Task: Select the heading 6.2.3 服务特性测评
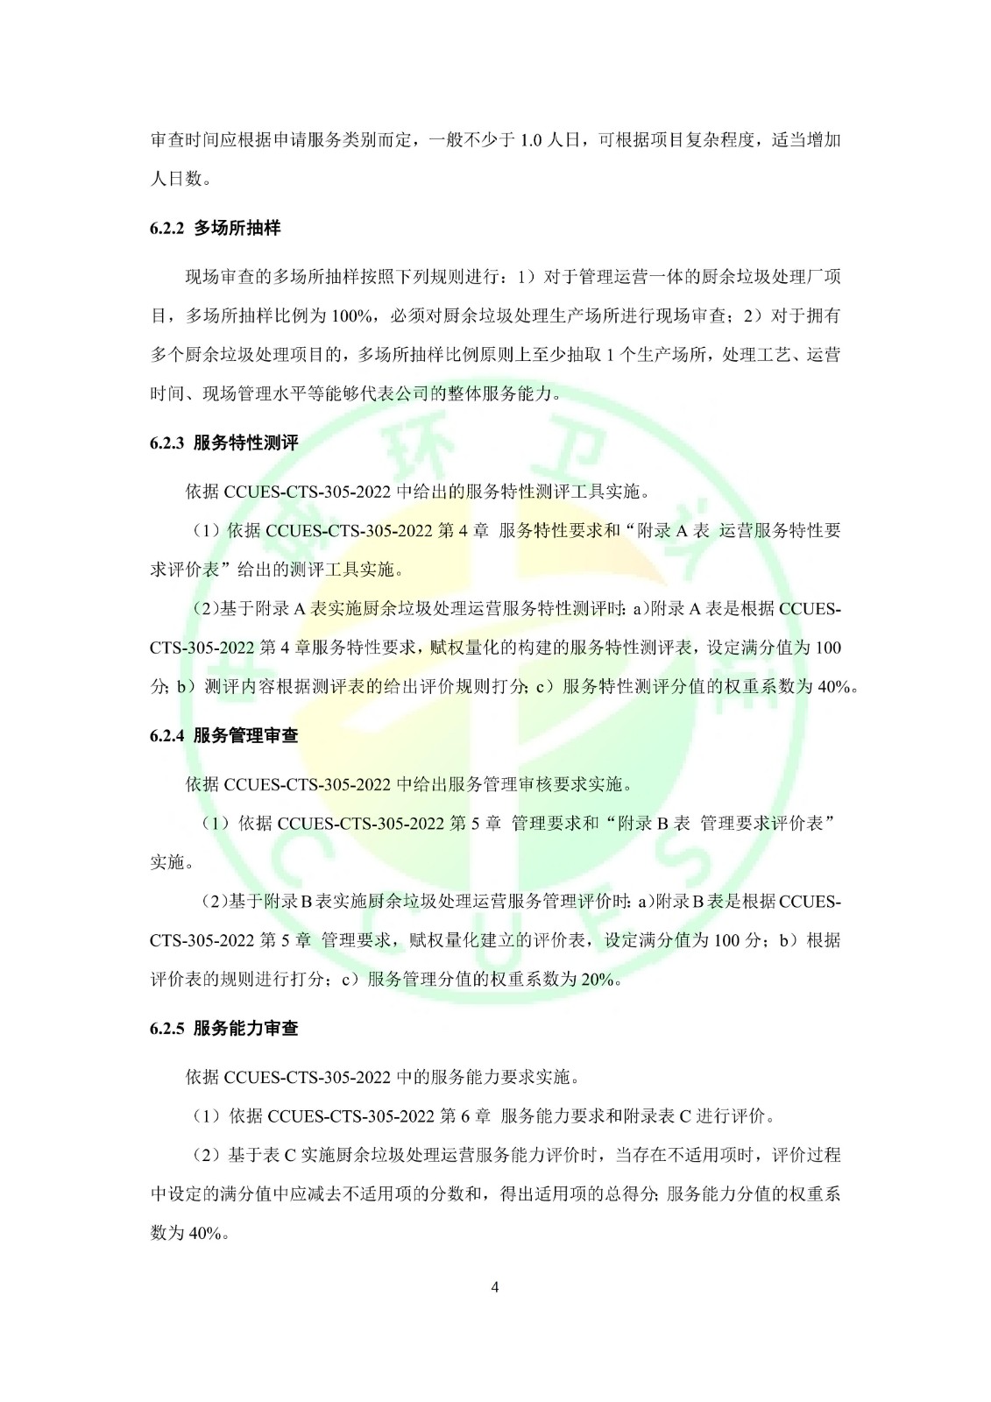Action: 223,443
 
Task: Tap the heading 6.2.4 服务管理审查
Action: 223,736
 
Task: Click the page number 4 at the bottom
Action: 495,1287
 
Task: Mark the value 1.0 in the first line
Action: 531,141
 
